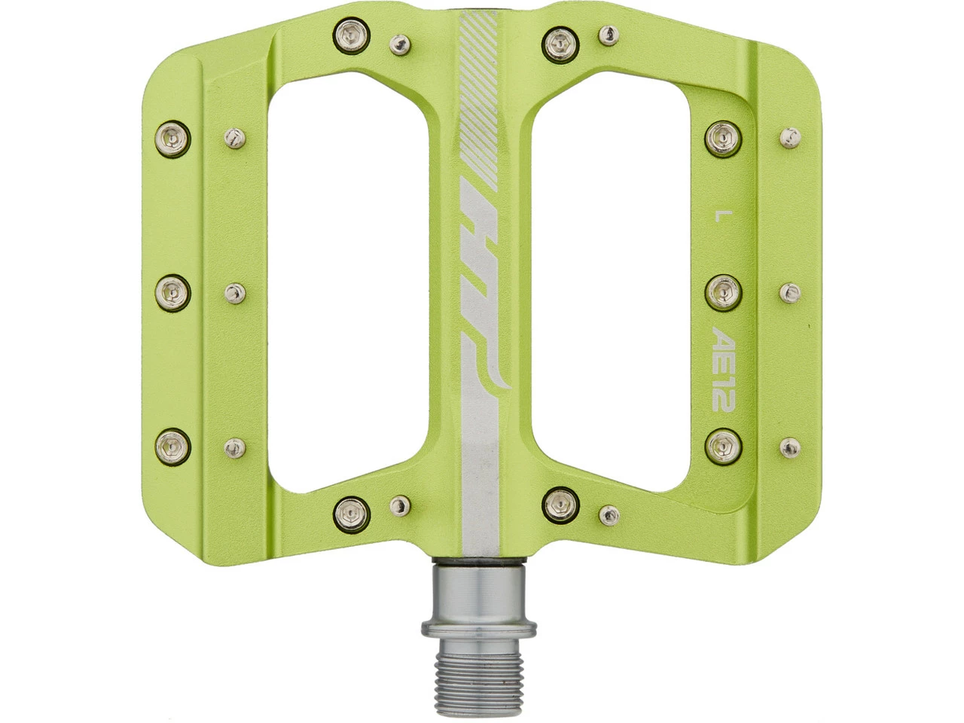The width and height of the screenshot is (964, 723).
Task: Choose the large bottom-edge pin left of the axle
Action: [x=349, y=512]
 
